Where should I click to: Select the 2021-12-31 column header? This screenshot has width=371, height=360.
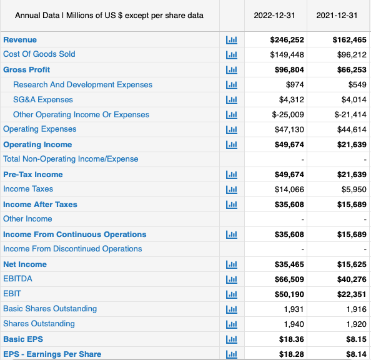[337, 15]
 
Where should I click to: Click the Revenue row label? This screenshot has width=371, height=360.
[20, 39]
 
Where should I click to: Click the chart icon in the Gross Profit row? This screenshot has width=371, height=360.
[230, 70]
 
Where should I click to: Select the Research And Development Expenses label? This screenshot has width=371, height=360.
[82, 84]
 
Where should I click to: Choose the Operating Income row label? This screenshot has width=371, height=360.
[37, 144]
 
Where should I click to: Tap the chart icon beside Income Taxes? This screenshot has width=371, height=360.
[230, 189]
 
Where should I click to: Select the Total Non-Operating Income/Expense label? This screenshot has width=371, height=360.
[71, 158]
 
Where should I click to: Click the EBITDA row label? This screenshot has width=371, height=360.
[17, 278]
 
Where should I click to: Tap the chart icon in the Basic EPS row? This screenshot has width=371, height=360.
[230, 339]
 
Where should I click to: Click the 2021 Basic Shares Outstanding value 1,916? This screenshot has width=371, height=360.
[355, 309]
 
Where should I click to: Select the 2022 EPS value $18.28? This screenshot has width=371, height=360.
[291, 354]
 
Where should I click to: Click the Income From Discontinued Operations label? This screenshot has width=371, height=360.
[72, 248]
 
